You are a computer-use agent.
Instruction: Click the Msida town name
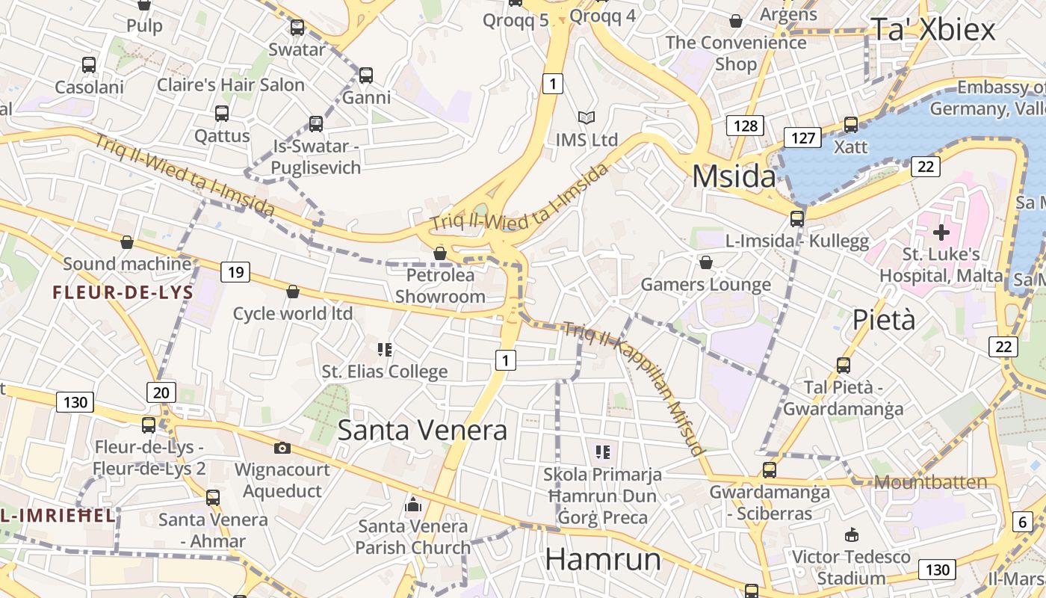pyautogui.click(x=734, y=176)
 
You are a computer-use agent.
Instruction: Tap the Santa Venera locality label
pyautogui.click(x=422, y=430)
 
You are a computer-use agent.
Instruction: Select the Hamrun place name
pyautogui.click(x=603, y=559)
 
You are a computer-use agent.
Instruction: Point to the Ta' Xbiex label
pyautogui.click(x=933, y=29)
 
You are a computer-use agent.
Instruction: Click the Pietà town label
pyautogui.click(x=884, y=319)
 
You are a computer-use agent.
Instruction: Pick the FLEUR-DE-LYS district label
pyautogui.click(x=123, y=292)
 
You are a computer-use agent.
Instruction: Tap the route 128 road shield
pyautogui.click(x=746, y=126)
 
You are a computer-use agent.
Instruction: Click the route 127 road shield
pyautogui.click(x=802, y=137)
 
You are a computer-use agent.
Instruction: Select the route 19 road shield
pyautogui.click(x=235, y=271)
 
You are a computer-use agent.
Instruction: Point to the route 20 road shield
pyautogui.click(x=161, y=392)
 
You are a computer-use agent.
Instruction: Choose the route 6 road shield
pyautogui.click(x=1022, y=523)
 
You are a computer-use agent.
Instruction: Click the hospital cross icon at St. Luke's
pyautogui.click(x=941, y=232)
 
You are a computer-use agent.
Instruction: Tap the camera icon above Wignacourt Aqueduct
pyautogui.click(x=282, y=448)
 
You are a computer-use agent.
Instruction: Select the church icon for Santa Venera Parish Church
pyautogui.click(x=412, y=505)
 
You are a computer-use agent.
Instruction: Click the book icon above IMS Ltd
pyautogui.click(x=587, y=117)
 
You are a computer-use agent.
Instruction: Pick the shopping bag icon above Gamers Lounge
pyautogui.click(x=705, y=262)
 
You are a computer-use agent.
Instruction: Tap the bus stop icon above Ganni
pyautogui.click(x=365, y=75)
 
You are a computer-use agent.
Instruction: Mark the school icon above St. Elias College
pyautogui.click(x=385, y=349)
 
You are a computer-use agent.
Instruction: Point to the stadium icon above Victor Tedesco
pyautogui.click(x=851, y=534)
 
